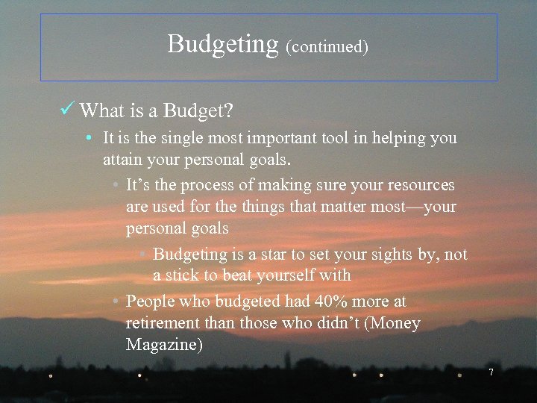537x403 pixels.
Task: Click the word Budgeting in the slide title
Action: tap(223, 44)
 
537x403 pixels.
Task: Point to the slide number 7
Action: tap(491, 372)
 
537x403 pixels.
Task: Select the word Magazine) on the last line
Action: tap(164, 346)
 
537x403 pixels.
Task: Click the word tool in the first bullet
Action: tap(330, 138)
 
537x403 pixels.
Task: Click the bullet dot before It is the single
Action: tap(89, 139)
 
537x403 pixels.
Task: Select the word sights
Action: tap(388, 254)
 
